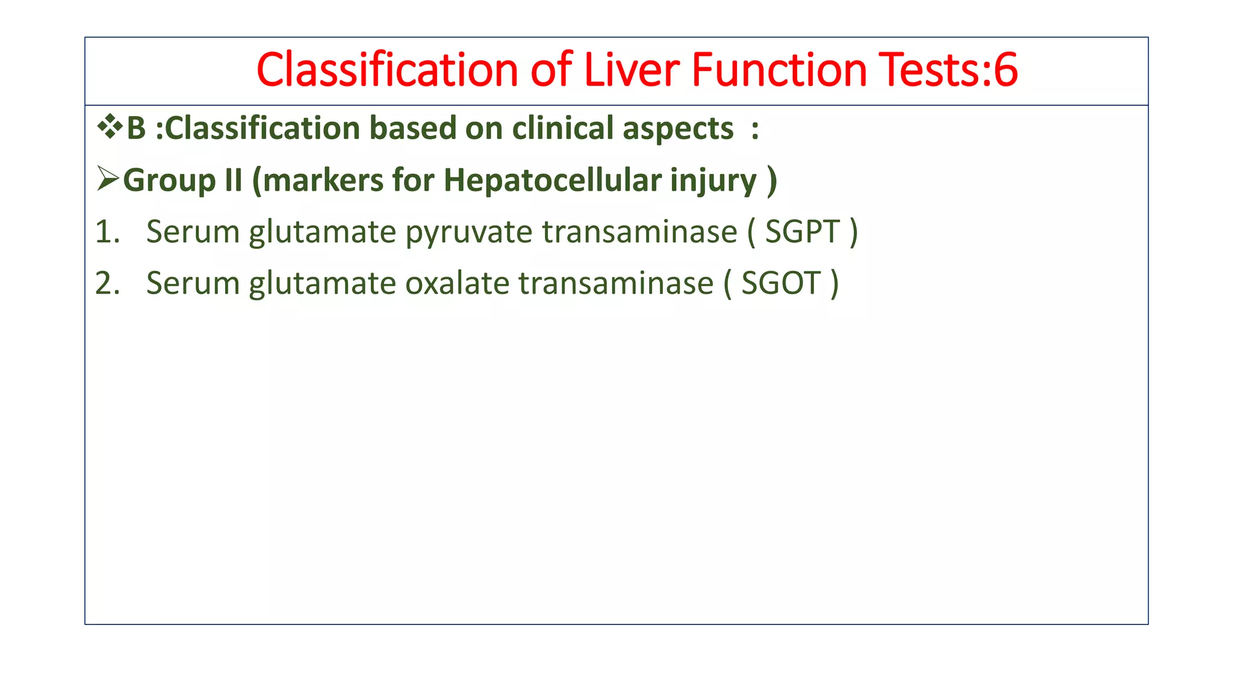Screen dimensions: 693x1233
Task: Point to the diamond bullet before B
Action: pos(110,127)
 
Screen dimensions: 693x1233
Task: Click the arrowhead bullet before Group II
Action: pos(108,179)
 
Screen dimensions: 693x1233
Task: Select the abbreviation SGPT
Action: pos(802,232)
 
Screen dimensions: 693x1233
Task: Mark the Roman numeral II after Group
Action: pos(233,180)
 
